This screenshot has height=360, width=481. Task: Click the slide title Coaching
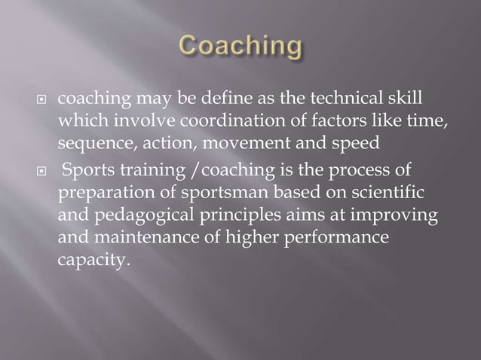[x=240, y=47]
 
